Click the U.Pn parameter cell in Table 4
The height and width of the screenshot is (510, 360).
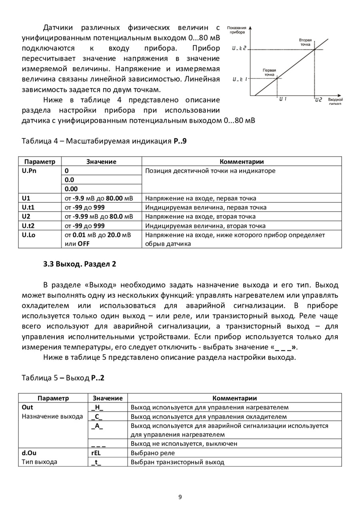(x=28, y=171)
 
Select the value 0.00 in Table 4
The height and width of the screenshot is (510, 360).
(x=72, y=189)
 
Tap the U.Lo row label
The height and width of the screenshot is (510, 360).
(x=29, y=235)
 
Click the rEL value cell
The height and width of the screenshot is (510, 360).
(x=96, y=453)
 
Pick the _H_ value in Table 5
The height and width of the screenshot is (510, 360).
(x=97, y=408)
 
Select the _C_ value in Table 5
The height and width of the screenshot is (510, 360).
(x=97, y=416)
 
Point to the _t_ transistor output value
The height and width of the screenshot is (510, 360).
(x=96, y=462)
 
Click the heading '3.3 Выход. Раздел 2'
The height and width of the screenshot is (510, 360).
(x=79, y=264)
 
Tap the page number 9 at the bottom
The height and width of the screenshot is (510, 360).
(x=180, y=497)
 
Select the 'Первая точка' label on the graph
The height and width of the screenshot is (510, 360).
(x=269, y=72)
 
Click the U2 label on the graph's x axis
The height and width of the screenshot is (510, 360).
(x=318, y=99)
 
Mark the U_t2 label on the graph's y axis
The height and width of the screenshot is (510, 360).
(x=239, y=49)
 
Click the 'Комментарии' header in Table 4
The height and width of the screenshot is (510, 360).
(x=242, y=162)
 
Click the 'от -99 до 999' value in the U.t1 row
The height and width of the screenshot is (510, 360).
(x=85, y=207)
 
